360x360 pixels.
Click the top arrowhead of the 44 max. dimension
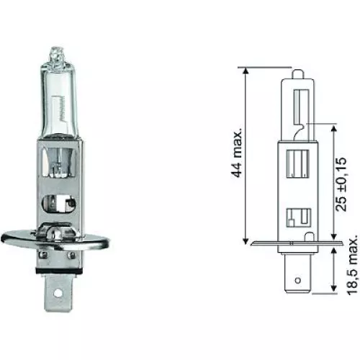click(x=246, y=71)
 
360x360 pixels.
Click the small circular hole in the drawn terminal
click(x=297, y=276)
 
